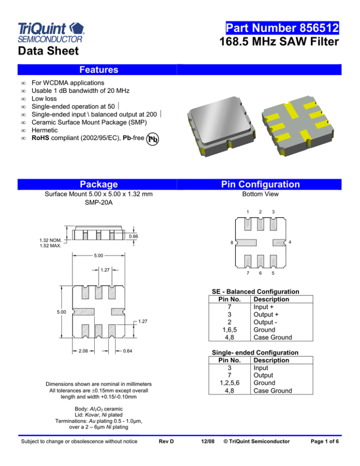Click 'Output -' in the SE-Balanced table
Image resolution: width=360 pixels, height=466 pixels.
pyautogui.click(x=265, y=321)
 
